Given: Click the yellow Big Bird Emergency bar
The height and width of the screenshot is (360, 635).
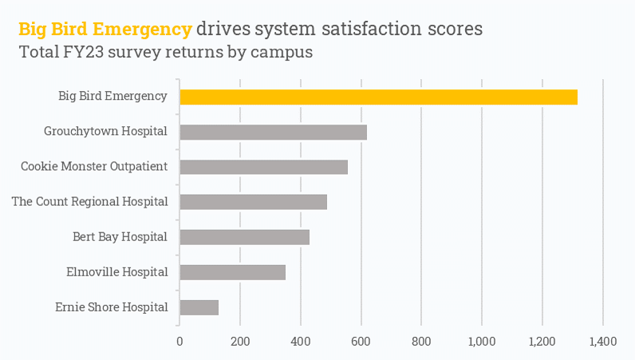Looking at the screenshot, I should coord(378,97).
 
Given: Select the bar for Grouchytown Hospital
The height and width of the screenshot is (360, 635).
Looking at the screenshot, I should coord(273,133).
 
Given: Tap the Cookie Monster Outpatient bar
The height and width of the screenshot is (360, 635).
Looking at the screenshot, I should coord(263,167).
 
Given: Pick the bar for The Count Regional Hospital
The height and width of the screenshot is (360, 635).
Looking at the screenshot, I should coord(253,202).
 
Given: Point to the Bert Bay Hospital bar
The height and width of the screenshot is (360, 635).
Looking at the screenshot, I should coord(244,237).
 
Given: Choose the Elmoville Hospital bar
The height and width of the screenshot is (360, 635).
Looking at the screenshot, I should coord(232,272).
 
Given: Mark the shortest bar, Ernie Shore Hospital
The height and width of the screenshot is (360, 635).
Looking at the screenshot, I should coord(199,307).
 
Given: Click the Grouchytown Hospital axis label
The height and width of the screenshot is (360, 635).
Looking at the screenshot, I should coord(105,131).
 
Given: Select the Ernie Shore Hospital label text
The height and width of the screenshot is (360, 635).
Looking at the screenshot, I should coord(112,307).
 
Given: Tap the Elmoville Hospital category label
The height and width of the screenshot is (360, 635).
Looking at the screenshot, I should coord(117,271).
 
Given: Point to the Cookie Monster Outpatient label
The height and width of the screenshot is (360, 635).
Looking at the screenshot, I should coord(94,166).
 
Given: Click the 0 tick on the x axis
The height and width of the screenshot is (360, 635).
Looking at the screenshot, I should coord(179,342).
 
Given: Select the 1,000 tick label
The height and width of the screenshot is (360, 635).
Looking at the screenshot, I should coord(482,342).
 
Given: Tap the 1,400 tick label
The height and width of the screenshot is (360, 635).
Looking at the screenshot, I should coord(602,342).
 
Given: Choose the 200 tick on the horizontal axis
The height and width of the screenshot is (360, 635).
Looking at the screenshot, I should coord(240,342).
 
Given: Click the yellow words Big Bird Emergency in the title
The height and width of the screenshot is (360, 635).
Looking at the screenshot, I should coord(105,30).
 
